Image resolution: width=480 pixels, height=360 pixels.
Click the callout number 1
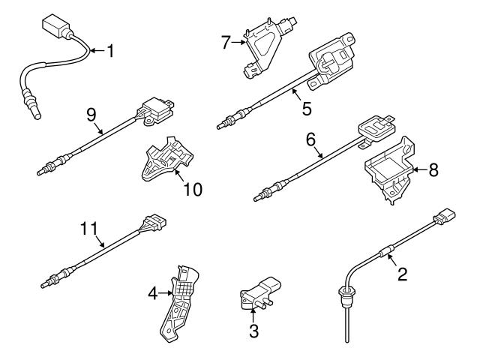110,52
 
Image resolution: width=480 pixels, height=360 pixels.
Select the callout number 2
402,274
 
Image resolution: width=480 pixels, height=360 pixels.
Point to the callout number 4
151,293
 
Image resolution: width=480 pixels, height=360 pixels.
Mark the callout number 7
224,43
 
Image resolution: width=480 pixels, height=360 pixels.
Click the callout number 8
433,170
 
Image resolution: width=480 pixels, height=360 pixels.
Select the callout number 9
91,115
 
